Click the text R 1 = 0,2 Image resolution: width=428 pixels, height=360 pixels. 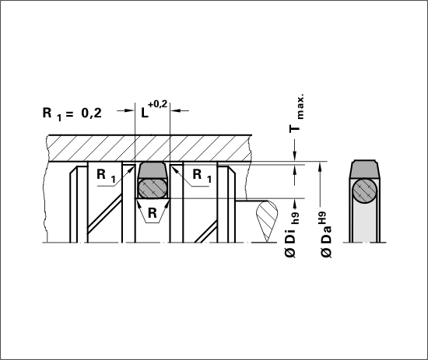coord(72,114)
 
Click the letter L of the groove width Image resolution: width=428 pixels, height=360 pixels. coord(145,113)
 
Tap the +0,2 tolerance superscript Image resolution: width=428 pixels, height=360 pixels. coord(157,104)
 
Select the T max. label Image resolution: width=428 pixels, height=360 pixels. coord(296,114)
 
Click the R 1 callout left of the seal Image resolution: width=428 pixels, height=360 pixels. coord(106,176)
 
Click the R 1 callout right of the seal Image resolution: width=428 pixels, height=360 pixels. coord(202,176)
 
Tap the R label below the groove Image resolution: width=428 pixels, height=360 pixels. coord(153,213)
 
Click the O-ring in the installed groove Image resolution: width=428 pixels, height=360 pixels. coord(153,188)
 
